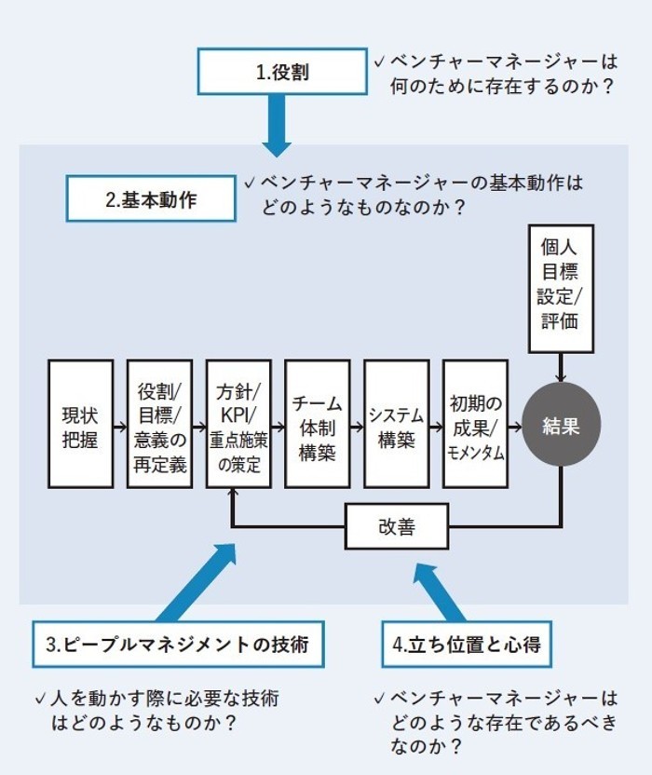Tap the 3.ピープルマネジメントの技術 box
tap(178, 644)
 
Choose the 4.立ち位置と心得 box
tap(462, 644)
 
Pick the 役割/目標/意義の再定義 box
tap(159, 425)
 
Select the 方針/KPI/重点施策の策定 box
tap(238, 425)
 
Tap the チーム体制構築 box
tap(318, 425)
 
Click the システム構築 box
tap(397, 425)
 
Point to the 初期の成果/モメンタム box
tap(476, 425)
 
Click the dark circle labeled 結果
tap(561, 425)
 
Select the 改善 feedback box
tap(397, 528)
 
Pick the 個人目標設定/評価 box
tap(561, 288)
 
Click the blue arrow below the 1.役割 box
tap(278, 127)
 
